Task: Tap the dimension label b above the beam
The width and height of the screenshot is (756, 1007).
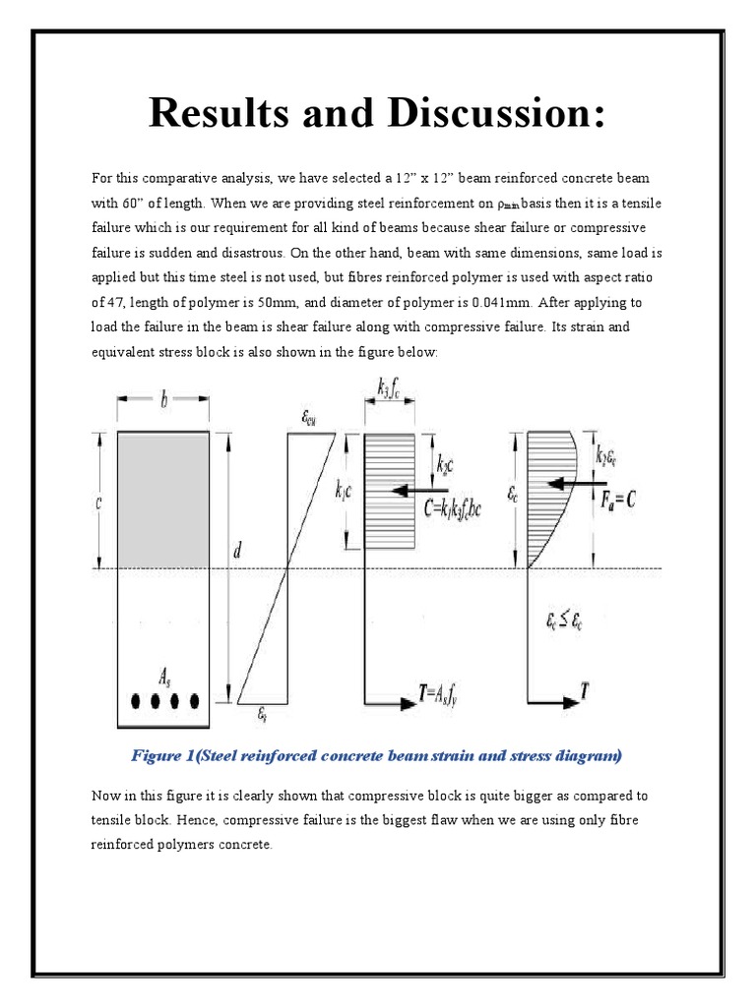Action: pyautogui.click(x=163, y=400)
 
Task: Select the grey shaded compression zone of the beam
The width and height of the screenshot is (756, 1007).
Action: pyautogui.click(x=163, y=500)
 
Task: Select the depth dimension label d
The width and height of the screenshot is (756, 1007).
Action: pyautogui.click(x=238, y=552)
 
